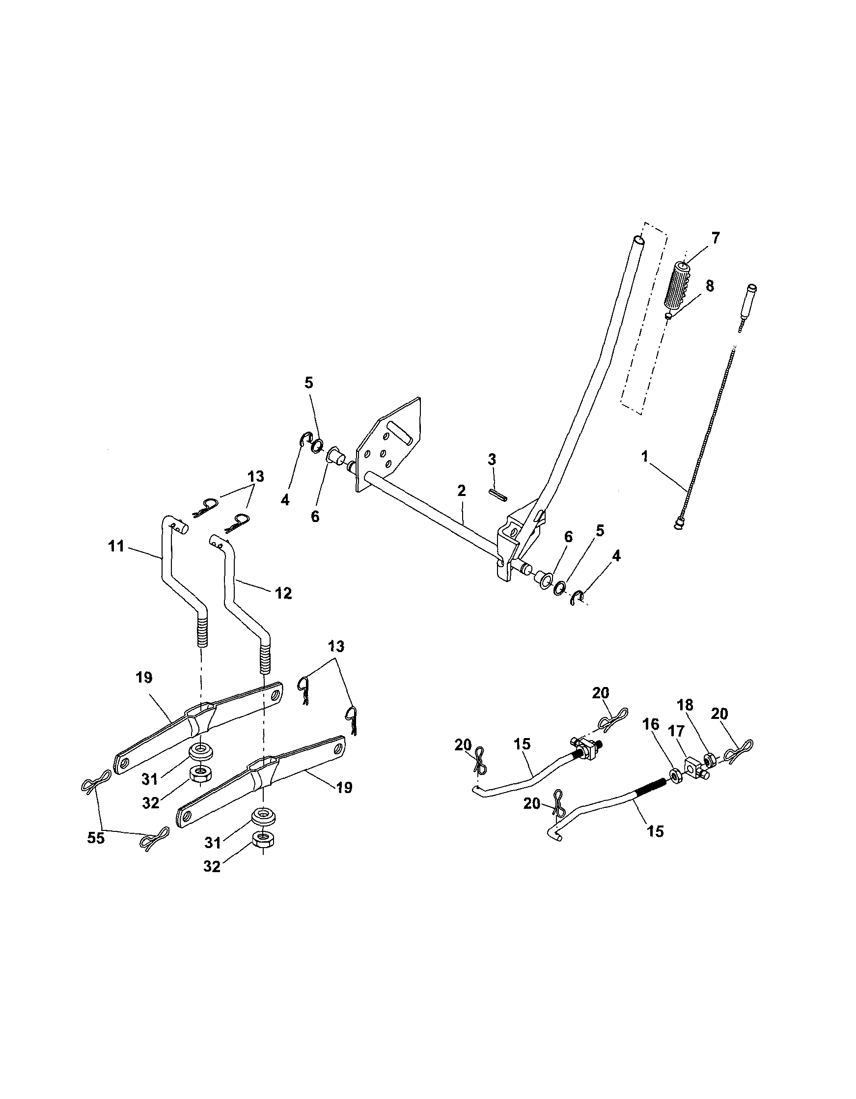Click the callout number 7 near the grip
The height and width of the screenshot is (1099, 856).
click(x=715, y=238)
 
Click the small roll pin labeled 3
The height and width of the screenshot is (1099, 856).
click(x=498, y=494)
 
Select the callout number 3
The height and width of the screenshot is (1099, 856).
click(x=492, y=459)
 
